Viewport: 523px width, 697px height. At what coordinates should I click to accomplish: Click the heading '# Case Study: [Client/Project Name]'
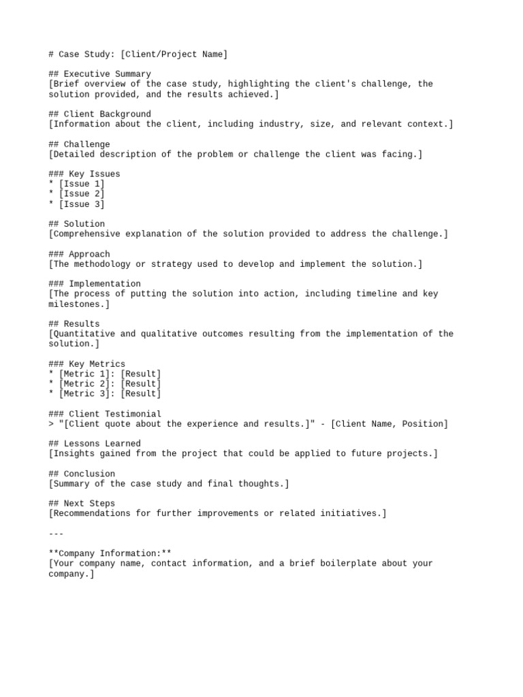(138, 54)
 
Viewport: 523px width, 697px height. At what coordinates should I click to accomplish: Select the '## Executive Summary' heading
(100, 74)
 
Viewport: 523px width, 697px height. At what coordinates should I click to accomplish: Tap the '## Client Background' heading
(100, 114)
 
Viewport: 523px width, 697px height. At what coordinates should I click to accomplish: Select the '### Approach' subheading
(79, 254)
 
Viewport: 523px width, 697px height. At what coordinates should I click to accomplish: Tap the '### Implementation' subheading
(95, 284)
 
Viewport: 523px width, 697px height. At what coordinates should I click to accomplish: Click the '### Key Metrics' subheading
(87, 364)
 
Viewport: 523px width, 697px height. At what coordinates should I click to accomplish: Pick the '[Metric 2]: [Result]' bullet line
(110, 384)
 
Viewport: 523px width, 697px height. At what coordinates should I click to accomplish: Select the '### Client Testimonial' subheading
(105, 414)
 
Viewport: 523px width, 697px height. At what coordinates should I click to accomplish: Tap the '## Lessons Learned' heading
(95, 444)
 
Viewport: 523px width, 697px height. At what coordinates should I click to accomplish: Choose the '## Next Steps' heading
(82, 504)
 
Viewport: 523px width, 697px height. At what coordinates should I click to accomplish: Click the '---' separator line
(57, 534)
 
